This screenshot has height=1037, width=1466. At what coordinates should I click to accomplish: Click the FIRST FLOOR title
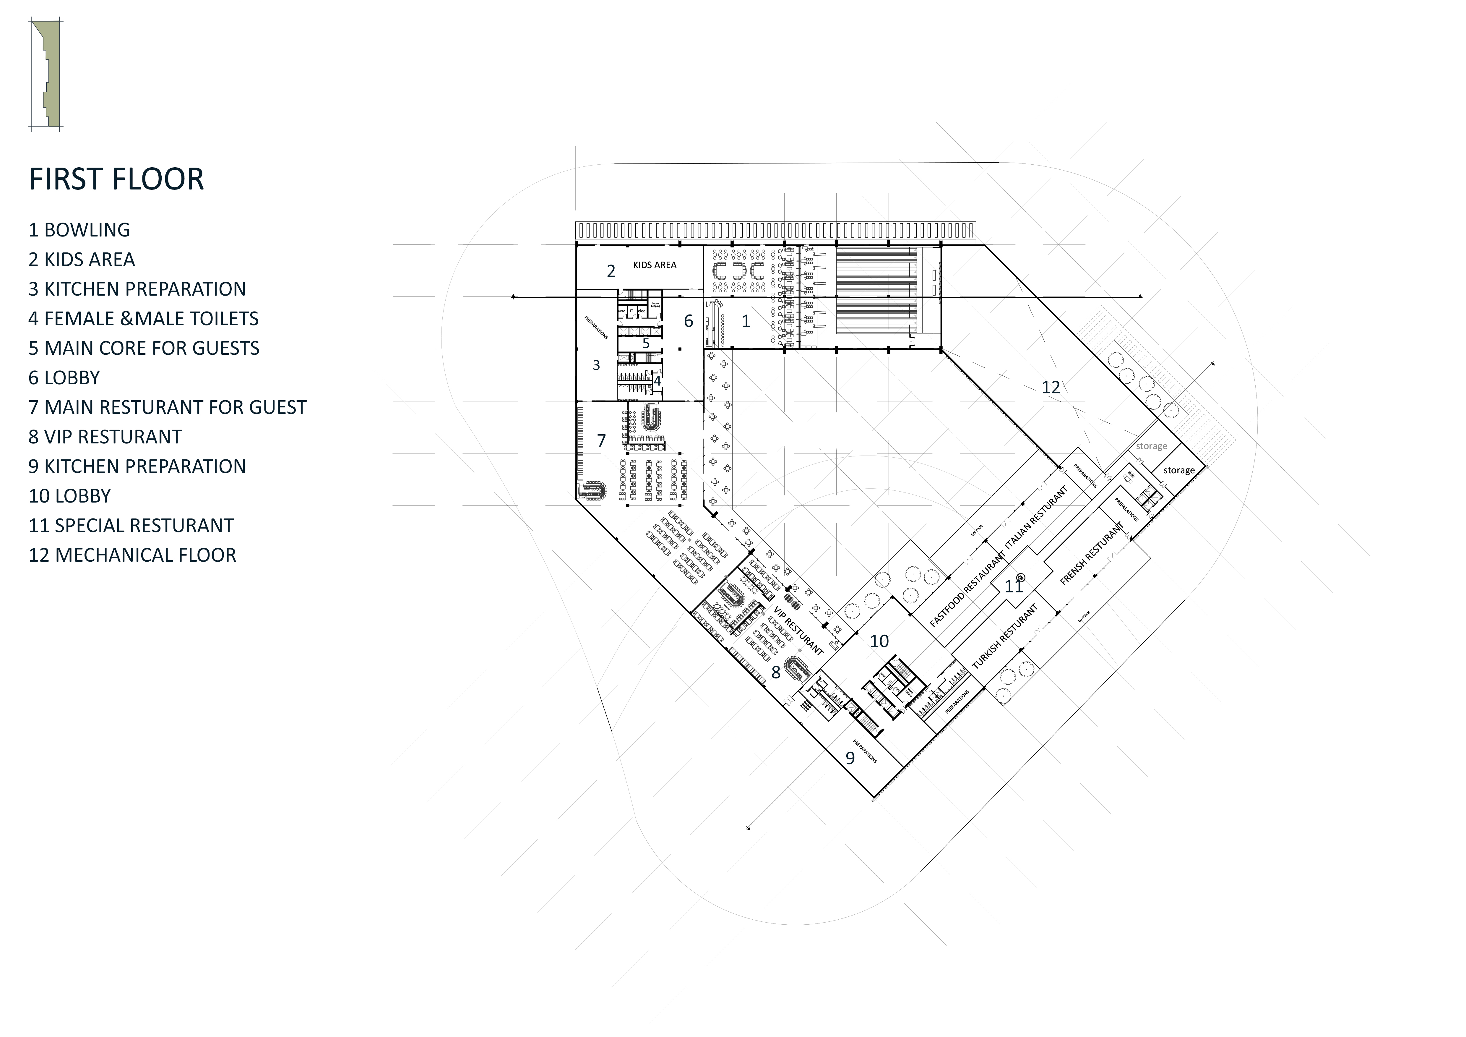click(116, 179)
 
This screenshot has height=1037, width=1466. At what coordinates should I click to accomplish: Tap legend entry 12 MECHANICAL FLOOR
click(132, 555)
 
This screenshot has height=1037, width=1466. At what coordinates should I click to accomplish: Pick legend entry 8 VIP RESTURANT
click(105, 437)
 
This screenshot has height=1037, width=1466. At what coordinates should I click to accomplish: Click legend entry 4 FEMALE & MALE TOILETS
click(144, 319)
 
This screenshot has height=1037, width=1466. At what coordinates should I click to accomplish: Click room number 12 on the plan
click(1050, 387)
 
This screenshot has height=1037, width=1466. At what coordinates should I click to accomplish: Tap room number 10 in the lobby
click(879, 641)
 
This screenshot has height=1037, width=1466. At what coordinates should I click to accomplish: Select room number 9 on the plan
click(850, 758)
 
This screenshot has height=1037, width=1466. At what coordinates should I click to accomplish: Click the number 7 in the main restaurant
click(601, 440)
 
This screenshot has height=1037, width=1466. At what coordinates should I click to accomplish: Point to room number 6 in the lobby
click(688, 321)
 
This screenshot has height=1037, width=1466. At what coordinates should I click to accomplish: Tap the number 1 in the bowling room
click(745, 321)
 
